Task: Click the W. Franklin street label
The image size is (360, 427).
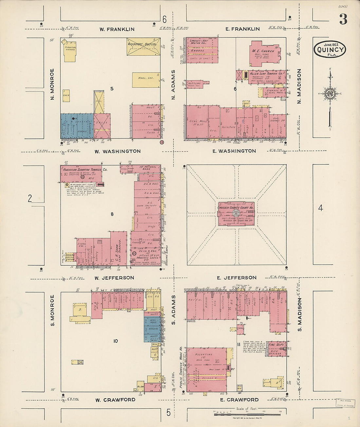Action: [117, 29]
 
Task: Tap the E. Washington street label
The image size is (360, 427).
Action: [234, 151]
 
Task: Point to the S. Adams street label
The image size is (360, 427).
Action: [173, 310]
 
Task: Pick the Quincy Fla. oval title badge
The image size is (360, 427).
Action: [331, 49]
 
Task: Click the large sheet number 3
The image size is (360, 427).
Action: [343, 19]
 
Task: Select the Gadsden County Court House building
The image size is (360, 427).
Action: [236, 213]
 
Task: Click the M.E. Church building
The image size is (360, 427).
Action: [264, 53]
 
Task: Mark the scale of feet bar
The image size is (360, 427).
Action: [247, 414]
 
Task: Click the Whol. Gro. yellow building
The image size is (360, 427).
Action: [146, 80]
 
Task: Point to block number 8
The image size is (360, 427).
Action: [112, 214]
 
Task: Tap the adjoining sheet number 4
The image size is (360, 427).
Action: [320, 207]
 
